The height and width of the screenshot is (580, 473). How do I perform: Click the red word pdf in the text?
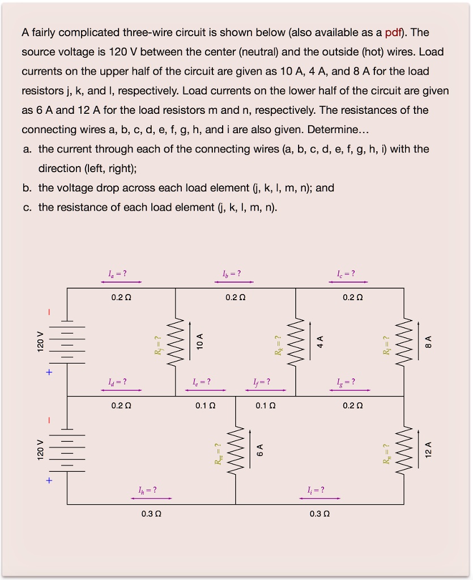click(393, 32)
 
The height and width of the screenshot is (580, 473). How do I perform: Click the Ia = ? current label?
click(117, 274)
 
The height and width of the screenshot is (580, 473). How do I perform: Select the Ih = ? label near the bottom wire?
click(147, 490)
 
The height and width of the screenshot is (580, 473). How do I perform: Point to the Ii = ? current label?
click(316, 490)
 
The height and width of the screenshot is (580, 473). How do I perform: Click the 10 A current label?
click(199, 342)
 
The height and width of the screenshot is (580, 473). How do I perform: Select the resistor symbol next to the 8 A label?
click(404, 342)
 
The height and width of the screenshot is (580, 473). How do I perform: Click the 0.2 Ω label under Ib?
click(235, 297)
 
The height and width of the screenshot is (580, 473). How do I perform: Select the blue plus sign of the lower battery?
click(49, 481)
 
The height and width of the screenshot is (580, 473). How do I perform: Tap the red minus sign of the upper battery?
click(49, 311)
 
